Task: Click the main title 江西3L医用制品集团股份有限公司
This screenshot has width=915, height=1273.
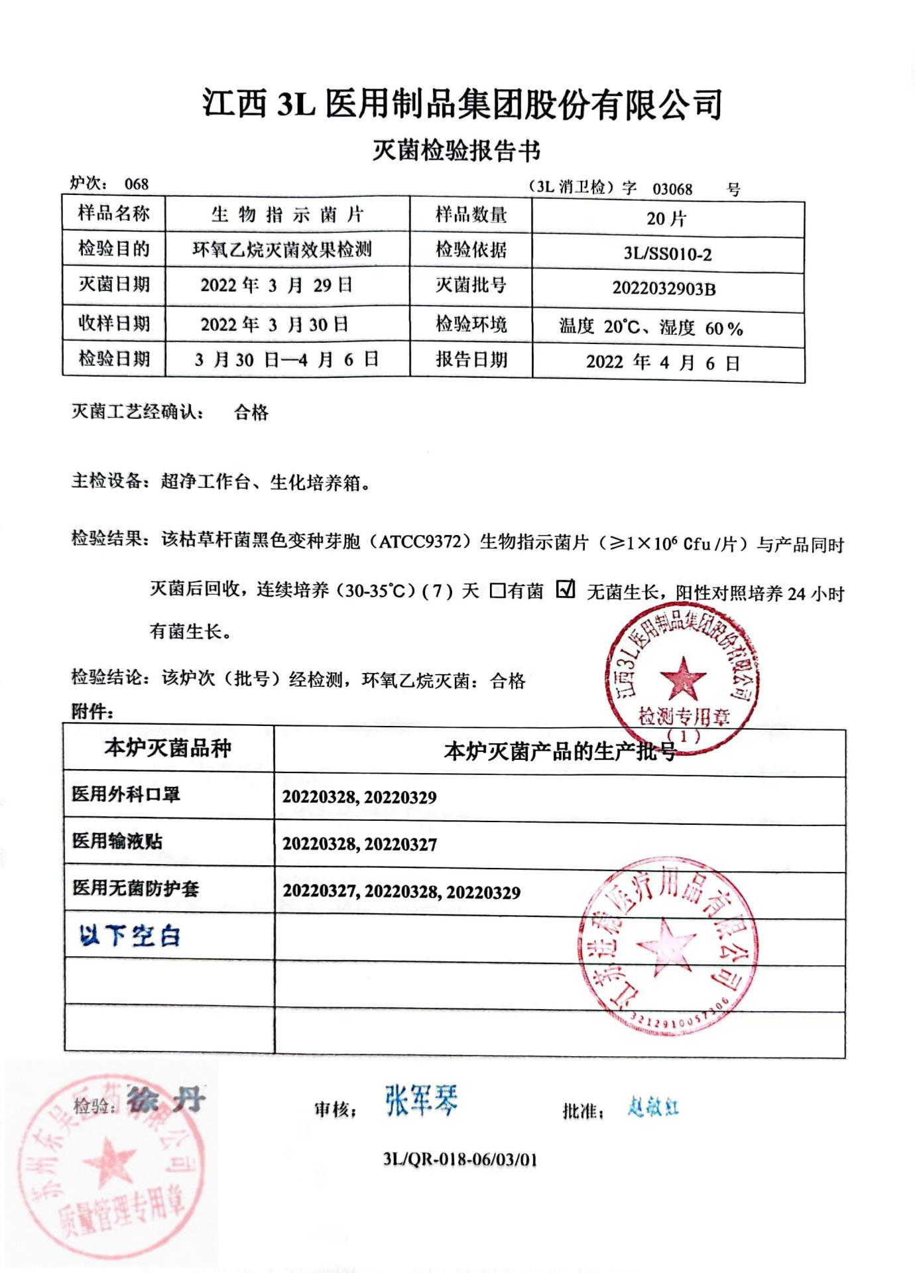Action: pos(462,104)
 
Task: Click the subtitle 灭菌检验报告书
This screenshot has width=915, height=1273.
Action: pos(456,151)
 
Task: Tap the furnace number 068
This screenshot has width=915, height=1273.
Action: pos(137,184)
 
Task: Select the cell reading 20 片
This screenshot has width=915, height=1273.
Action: pos(667,218)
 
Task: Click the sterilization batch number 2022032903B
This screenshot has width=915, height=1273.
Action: pos(664,288)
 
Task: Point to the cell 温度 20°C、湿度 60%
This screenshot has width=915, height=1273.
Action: pos(650,328)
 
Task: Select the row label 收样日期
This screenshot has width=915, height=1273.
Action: pos(114,324)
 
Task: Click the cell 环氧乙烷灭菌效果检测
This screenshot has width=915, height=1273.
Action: pos(282,250)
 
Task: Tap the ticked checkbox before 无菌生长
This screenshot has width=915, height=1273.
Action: pos(566,588)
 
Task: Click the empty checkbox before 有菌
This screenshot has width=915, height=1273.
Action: pos(497,590)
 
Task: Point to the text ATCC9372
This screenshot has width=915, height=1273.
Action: pos(420,542)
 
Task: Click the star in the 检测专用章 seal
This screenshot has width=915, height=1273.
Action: pos(683,678)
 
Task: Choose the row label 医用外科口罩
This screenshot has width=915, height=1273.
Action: pos(126,794)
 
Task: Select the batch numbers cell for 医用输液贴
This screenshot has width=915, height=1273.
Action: pos(359,844)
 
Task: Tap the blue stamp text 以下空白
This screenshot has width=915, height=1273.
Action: pos(129,936)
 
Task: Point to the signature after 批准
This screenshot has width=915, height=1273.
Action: pos(653,1107)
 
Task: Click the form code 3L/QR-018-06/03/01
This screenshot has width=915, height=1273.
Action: pos(460,1160)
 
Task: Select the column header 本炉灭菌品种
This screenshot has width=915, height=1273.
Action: pos(168,749)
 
